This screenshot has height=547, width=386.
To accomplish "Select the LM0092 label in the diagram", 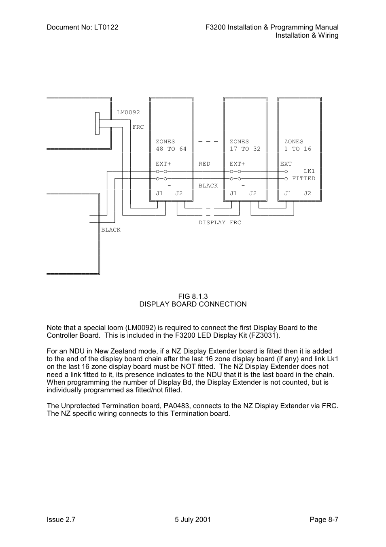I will pyautogui.click(x=128, y=112).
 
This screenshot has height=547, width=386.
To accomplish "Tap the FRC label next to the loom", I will pyautogui.click(x=138, y=127).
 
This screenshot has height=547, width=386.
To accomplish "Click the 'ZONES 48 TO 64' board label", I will pyautogui.click(x=171, y=145).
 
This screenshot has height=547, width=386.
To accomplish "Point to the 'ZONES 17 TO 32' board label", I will pyautogui.click(x=245, y=145).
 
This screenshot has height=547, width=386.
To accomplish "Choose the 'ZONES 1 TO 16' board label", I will pyautogui.click(x=298, y=145).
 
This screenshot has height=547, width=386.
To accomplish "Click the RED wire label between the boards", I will pyautogui.click(x=204, y=164).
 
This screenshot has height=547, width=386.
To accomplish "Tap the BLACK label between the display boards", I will pyautogui.click(x=208, y=186).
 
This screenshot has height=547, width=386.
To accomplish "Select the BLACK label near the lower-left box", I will pyautogui.click(x=111, y=230).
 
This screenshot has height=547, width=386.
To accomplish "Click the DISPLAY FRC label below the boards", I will pyautogui.click(x=220, y=223).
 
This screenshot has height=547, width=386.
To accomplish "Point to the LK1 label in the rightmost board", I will pyautogui.click(x=309, y=171).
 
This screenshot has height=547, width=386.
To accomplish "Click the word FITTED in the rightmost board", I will pyautogui.click(x=303, y=179).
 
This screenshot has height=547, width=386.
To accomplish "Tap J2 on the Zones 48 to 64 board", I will pyautogui.click(x=179, y=194).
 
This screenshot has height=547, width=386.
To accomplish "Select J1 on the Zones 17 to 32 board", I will pyautogui.click(x=233, y=194).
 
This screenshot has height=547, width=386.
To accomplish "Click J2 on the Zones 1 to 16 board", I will pyautogui.click(x=308, y=194).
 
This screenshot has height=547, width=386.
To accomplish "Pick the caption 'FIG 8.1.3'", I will pyautogui.click(x=193, y=296).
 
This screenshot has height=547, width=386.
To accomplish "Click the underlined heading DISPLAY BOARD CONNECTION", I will pyautogui.click(x=193, y=304).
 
